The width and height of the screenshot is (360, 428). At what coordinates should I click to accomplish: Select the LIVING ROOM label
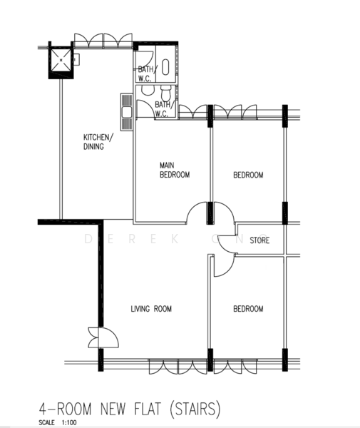[x=151, y=309]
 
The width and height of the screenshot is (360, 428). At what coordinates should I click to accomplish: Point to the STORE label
[x=259, y=241]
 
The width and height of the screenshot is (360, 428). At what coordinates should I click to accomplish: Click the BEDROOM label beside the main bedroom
[x=248, y=175]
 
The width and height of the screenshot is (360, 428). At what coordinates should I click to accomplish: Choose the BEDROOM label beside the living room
[x=248, y=309]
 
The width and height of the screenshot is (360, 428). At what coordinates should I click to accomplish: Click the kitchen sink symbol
[x=126, y=112]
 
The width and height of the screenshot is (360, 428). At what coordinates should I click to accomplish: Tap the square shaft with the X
[x=60, y=61]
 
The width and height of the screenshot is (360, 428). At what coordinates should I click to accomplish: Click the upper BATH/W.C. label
[x=146, y=73]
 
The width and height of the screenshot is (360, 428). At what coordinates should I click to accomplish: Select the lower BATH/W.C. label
[x=162, y=108]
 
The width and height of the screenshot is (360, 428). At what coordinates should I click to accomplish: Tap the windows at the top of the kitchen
[x=103, y=40]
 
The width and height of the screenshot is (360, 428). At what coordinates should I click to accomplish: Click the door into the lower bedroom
[x=222, y=265]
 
